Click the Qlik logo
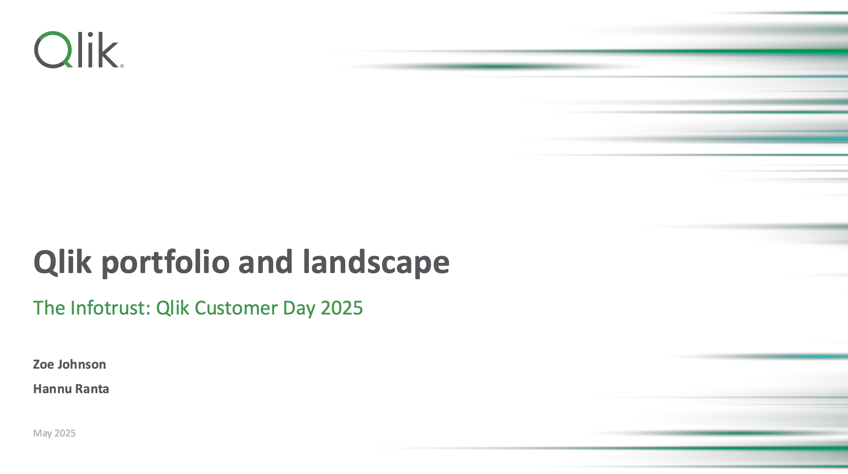[79, 50]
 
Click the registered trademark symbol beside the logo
[122, 66]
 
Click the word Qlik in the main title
[62, 262]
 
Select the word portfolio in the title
[166, 262]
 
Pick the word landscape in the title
[376, 262]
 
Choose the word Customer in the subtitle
[236, 308]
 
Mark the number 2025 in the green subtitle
[342, 308]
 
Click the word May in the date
[43, 434]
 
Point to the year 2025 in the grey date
[65, 433]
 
